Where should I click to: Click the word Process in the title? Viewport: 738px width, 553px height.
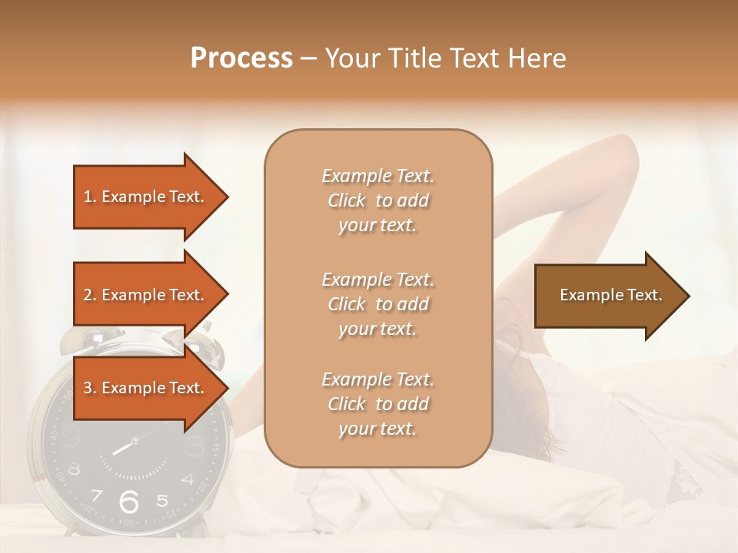(241, 58)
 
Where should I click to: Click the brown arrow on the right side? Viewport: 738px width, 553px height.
(610, 295)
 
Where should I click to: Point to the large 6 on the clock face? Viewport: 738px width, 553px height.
(128, 501)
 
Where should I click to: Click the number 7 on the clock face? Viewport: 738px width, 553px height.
(97, 495)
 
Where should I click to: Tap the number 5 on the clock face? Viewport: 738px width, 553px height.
(162, 501)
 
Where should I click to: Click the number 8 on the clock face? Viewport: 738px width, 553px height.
(74, 469)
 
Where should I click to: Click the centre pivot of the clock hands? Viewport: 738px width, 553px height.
(135, 441)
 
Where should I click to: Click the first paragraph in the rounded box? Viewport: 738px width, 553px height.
(377, 200)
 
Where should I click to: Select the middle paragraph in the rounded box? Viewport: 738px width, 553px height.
(377, 303)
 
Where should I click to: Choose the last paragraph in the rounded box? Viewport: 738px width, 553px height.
(377, 404)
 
